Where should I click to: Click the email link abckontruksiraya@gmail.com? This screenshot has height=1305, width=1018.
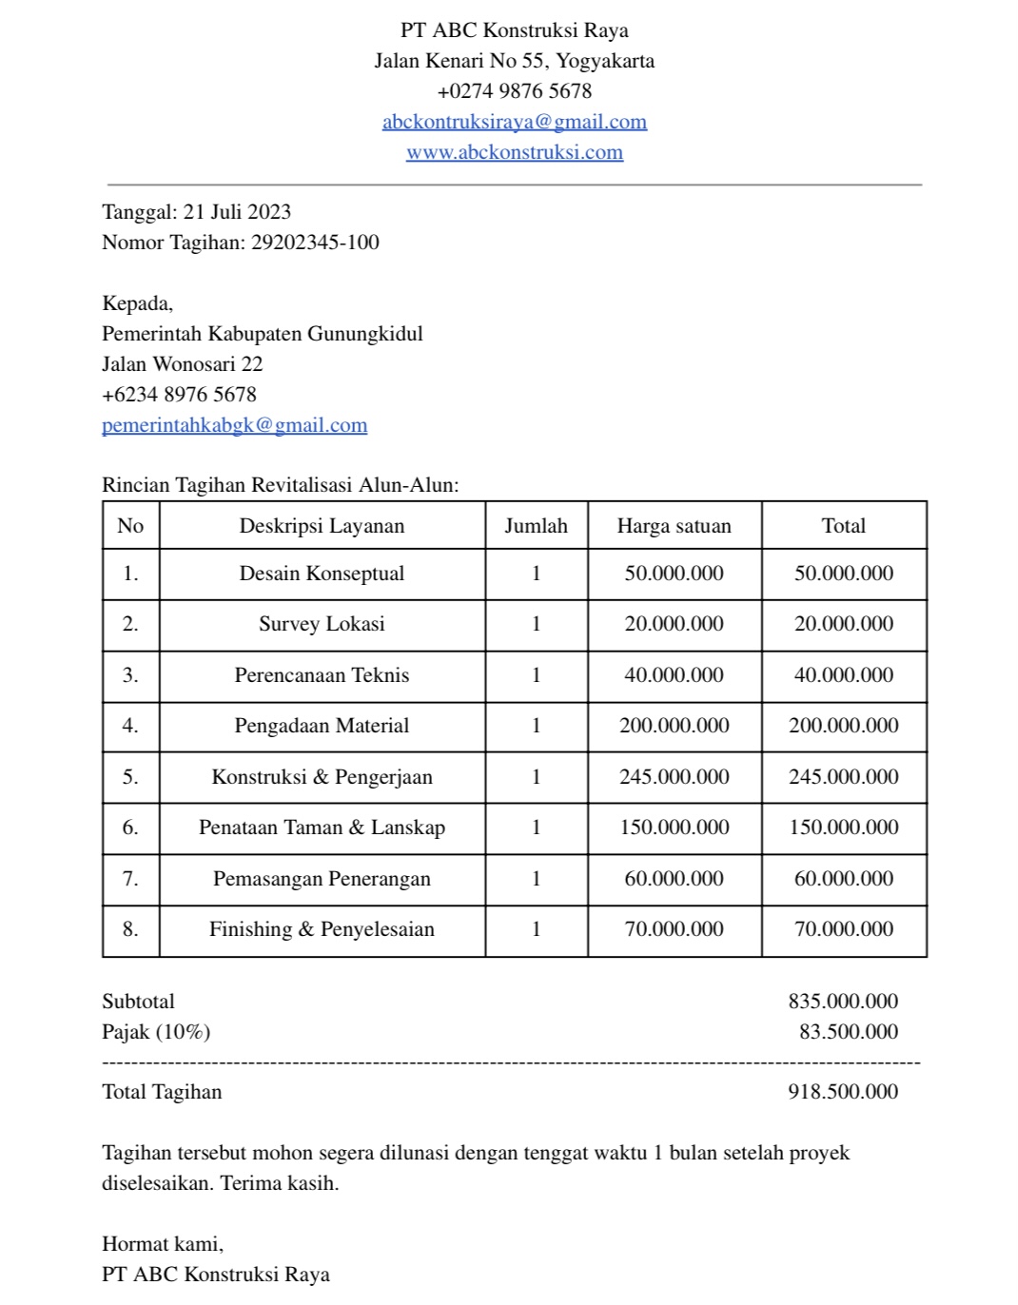pos(514,122)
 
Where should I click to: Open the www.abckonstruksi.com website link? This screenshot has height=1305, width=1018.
pos(514,152)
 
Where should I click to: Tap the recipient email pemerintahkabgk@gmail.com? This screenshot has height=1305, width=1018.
pos(234,425)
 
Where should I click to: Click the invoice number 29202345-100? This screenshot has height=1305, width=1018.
pos(315,243)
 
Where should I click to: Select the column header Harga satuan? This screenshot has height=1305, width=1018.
pos(674,526)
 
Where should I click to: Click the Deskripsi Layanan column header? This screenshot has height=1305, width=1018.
pos(322,526)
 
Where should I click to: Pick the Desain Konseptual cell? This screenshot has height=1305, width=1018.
pos(322,574)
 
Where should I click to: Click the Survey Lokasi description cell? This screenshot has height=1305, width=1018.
pos(322,624)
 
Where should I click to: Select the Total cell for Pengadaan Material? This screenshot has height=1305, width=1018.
pos(843,726)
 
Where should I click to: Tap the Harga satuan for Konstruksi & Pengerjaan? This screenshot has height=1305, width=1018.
pos(674,777)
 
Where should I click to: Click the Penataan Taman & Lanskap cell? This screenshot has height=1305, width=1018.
pos(322,828)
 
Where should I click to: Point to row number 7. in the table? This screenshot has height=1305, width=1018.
pos(130,879)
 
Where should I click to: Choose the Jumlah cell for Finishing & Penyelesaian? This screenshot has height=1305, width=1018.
pos(536,929)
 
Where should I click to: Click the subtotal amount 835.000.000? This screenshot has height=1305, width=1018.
pos(843,1002)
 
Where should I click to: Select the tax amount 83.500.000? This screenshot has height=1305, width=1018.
pos(848,1032)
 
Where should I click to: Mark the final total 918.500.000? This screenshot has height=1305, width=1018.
pos(843,1092)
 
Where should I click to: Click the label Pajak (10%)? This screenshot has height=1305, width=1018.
pos(156,1032)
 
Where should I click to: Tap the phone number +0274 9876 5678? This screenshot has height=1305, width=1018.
pos(514,91)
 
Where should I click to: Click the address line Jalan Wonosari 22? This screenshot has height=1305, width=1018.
pos(183,364)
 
